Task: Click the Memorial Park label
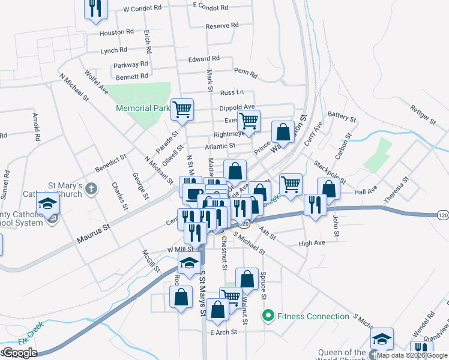[x=143, y=109]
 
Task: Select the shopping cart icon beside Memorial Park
[x=182, y=109]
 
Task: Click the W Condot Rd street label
[x=142, y=10]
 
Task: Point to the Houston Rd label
[x=116, y=32]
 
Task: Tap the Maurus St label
[x=95, y=235]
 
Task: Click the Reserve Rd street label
[x=222, y=26]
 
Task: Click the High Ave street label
[x=312, y=243]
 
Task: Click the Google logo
[x=19, y=353]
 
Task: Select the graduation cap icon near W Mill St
[x=190, y=262]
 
